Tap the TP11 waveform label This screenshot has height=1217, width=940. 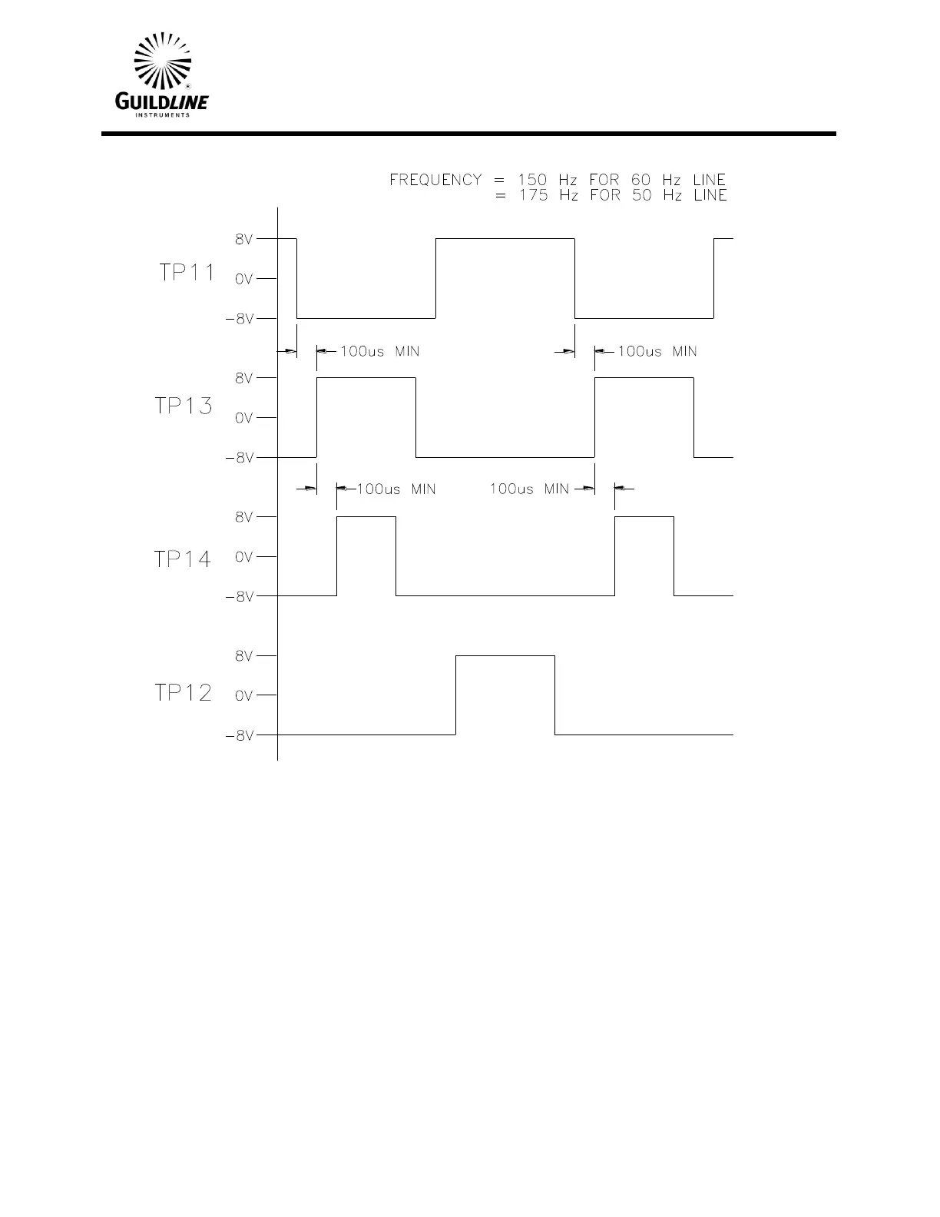pyautogui.click(x=187, y=273)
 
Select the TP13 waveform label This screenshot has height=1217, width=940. pyautogui.click(x=184, y=406)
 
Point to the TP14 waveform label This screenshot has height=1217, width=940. pyautogui.click(x=183, y=559)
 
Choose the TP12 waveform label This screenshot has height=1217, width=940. pyautogui.click(x=183, y=693)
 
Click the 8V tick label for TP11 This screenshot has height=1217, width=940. pyautogui.click(x=243, y=240)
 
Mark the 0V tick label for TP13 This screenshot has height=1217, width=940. pyautogui.click(x=243, y=418)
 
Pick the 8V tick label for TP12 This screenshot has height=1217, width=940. pyautogui.click(x=243, y=656)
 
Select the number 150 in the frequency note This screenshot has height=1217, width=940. pyautogui.click(x=532, y=180)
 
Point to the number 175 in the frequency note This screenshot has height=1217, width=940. pyautogui.click(x=532, y=196)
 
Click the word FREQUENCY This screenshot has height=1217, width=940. pyautogui.click(x=435, y=180)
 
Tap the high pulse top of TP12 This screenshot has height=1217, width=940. pyautogui.click(x=505, y=656)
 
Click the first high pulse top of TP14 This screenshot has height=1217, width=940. pyautogui.click(x=366, y=517)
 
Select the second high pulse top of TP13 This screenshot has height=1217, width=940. pyautogui.click(x=644, y=378)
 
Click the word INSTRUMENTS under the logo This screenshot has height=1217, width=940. pyautogui.click(x=162, y=115)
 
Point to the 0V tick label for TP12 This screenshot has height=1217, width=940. pyautogui.click(x=243, y=696)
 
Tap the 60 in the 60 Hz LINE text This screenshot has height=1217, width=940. pyautogui.click(x=640, y=180)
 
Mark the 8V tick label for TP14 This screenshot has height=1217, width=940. pyautogui.click(x=243, y=517)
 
